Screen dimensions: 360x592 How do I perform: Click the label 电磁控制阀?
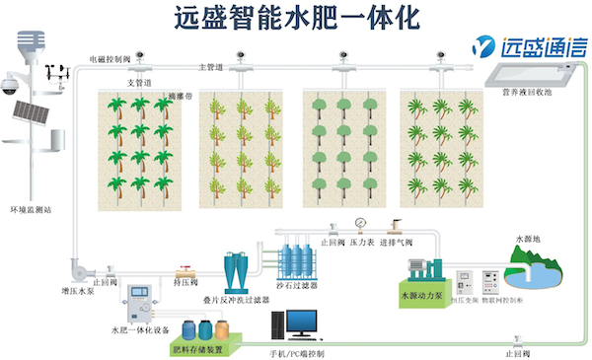[x=110, y=59]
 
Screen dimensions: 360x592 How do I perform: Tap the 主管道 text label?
[x=209, y=67]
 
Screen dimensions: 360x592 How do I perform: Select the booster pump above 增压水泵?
[x=80, y=267]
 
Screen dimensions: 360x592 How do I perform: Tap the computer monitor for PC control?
[x=302, y=323]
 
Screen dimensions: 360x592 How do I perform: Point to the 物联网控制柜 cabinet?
[x=485, y=280]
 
